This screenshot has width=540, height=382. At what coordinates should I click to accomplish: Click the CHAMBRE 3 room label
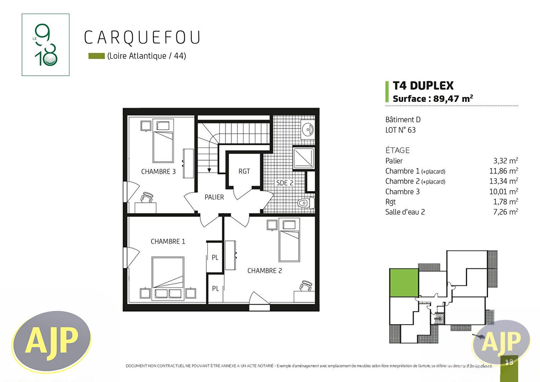[x=158, y=172]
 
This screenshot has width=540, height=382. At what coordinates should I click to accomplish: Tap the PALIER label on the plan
[x=214, y=197]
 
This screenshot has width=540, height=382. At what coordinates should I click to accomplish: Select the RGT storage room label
[x=244, y=171]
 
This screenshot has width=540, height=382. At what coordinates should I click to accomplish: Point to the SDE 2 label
[x=285, y=183]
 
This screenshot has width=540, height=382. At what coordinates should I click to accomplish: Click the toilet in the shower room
[x=306, y=203]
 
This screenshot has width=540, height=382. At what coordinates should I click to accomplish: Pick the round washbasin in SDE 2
[x=308, y=129]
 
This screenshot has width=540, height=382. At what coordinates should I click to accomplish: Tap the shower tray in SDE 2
[x=304, y=158]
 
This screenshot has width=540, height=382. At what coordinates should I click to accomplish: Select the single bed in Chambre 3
[x=163, y=141]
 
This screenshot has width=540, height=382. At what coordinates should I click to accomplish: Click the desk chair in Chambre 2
[x=306, y=285]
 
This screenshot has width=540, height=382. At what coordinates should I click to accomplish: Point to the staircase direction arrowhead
[x=209, y=170]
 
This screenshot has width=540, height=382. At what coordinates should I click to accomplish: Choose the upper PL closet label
[x=215, y=257]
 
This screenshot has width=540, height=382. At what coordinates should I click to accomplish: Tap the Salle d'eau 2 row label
[x=405, y=212]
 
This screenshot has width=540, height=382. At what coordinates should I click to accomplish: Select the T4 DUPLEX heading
[x=423, y=86]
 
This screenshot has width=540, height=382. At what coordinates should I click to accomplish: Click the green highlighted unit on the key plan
[x=404, y=283]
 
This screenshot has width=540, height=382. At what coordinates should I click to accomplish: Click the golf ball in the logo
[x=51, y=59]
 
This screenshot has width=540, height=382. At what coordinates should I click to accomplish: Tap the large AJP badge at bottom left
[x=51, y=341]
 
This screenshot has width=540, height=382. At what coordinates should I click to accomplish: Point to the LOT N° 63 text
[x=400, y=130]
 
